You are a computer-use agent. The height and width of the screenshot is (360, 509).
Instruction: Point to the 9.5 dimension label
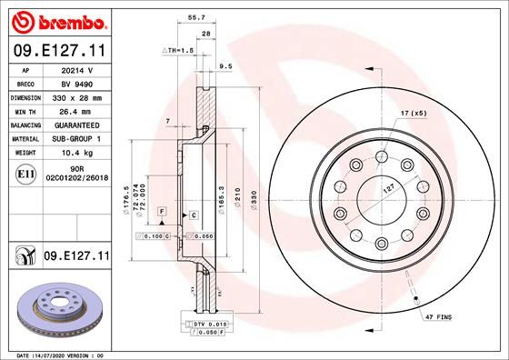pyautogui.click(x=226, y=66)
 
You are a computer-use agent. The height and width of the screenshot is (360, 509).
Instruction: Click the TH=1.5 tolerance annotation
pyautogui.click(x=176, y=50)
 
